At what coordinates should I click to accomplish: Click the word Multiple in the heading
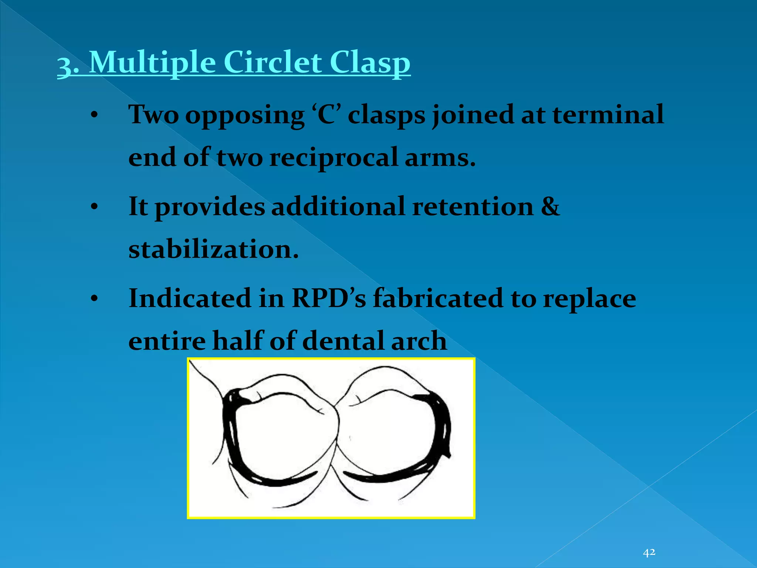[x=152, y=63]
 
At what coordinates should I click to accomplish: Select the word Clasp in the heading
[x=370, y=63]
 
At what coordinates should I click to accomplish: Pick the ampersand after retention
[x=550, y=206]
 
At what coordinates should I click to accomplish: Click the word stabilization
[x=213, y=249]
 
